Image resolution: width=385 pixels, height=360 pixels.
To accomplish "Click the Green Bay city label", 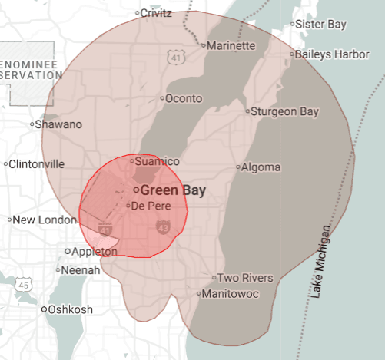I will click(x=173, y=189).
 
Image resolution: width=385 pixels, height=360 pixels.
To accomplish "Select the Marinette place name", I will click(x=231, y=46).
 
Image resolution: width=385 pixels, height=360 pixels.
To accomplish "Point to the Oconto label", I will click(x=184, y=98).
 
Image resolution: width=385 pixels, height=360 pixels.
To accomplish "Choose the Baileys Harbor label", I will click(x=331, y=54).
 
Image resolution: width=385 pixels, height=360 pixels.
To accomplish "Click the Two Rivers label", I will click(x=244, y=278).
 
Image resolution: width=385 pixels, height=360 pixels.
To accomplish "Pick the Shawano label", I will click(x=58, y=124).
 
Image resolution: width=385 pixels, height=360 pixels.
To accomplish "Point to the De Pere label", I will click(x=150, y=206).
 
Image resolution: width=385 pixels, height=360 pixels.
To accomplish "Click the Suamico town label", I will click(x=157, y=161).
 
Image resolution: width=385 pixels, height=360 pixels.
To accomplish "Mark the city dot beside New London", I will click(x=10, y=220).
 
